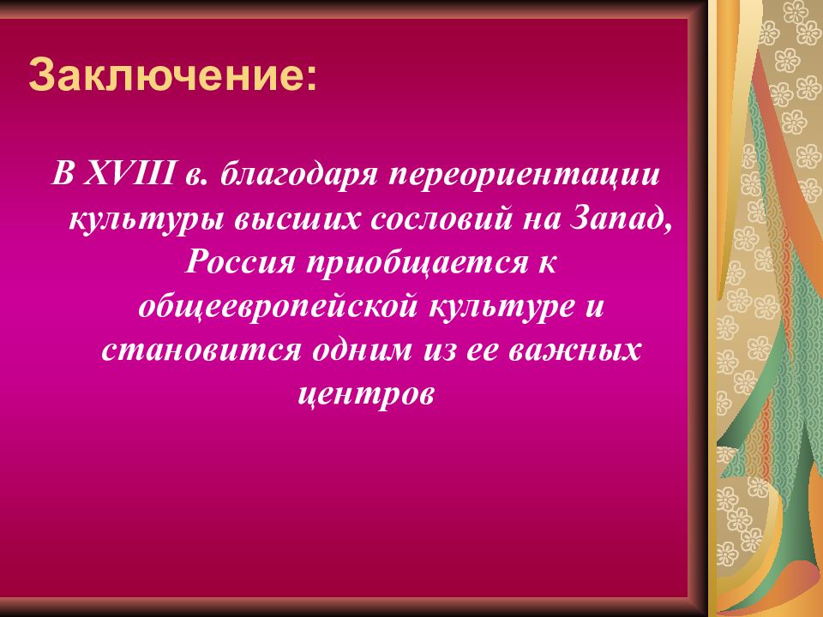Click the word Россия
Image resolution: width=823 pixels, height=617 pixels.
pyautogui.click(x=236, y=263)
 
